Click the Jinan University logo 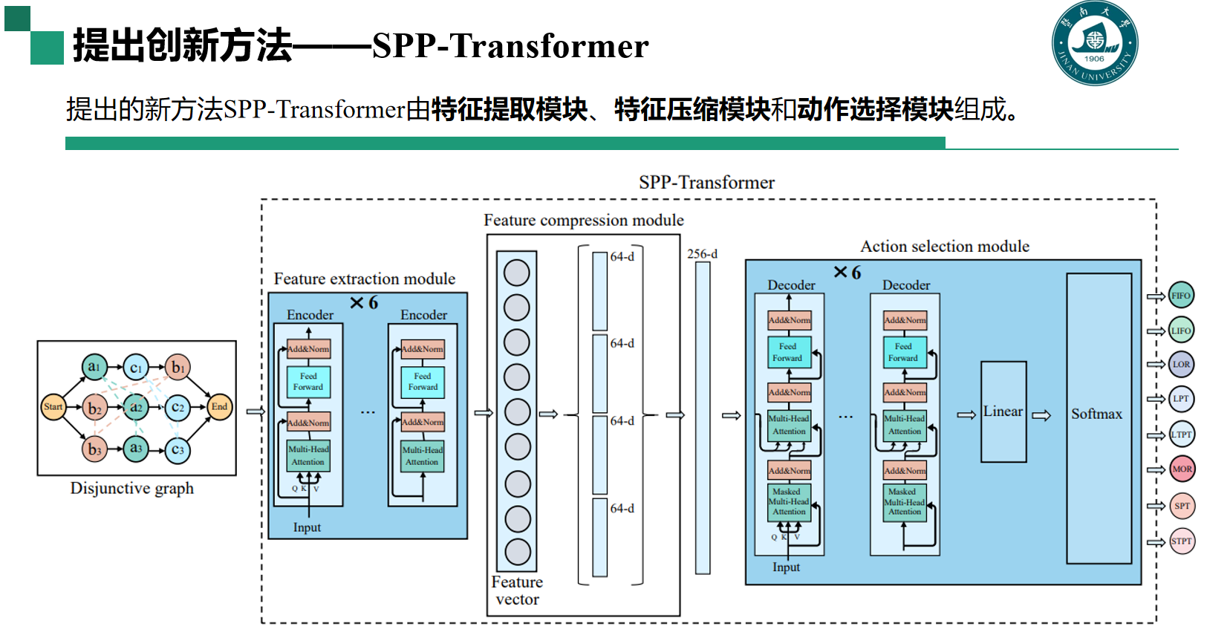click(x=1094, y=43)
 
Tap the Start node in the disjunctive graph click(x=53, y=407)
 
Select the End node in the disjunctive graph click(x=219, y=407)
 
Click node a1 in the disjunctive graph click(x=94, y=367)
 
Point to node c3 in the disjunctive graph click(x=178, y=449)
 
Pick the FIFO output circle click(x=1181, y=296)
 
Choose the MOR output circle click(x=1182, y=469)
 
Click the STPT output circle click(x=1182, y=541)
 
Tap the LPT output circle click(x=1181, y=399)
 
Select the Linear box click(x=1003, y=411)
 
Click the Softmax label click(x=1096, y=414)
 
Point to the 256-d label click(x=702, y=254)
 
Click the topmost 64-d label click(x=622, y=257)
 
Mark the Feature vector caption click(x=517, y=590)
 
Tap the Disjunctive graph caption click(x=132, y=488)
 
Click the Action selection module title click(x=945, y=247)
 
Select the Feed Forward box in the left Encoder click(x=308, y=382)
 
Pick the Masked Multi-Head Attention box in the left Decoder click(x=789, y=502)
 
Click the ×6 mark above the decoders click(x=847, y=273)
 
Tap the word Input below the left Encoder click(x=307, y=527)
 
